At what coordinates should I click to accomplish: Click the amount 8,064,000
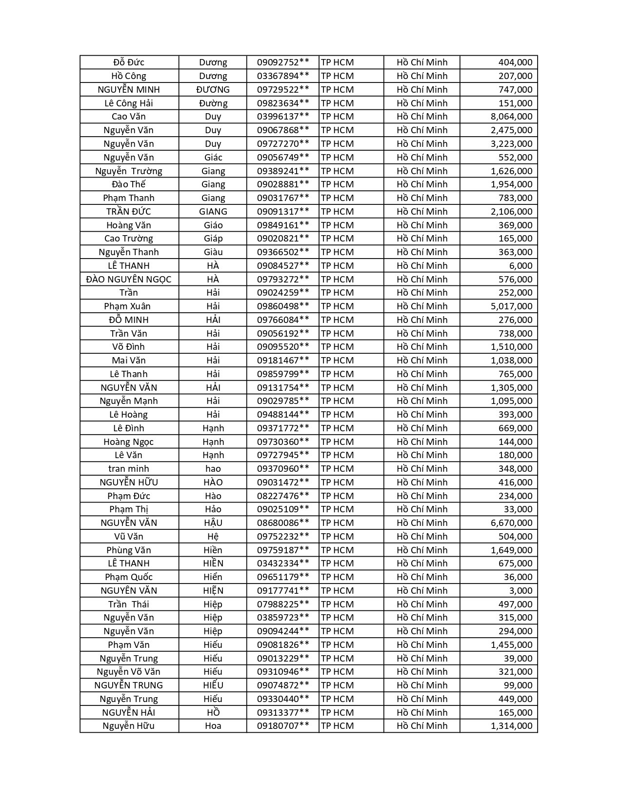[511, 117]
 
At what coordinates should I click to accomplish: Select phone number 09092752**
[283, 62]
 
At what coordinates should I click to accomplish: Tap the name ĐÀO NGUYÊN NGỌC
[129, 280]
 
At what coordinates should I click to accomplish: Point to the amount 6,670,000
[511, 523]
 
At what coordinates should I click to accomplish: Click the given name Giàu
[213, 252]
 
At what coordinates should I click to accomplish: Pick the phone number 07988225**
[283, 604]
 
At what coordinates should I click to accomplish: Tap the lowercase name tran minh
[129, 469]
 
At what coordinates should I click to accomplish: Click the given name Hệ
[213, 537]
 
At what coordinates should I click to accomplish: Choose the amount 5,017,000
[511, 306]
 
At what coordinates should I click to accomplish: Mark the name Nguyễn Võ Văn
[129, 672]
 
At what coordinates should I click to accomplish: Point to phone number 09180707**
[283, 726]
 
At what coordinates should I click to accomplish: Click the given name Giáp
[213, 239]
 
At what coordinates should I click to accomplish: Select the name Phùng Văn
[129, 550]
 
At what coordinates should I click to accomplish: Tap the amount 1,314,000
[511, 726]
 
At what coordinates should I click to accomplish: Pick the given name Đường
[213, 103]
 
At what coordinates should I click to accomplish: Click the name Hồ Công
[129, 76]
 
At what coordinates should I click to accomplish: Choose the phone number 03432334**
[283, 563]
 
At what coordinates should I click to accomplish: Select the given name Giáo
[213, 225]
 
